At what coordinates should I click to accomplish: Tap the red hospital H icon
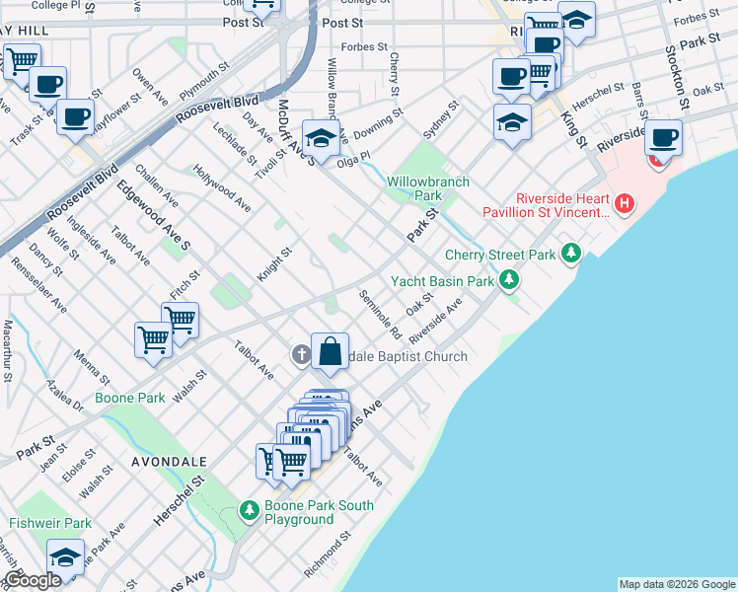coord(623,204)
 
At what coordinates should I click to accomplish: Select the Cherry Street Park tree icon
coord(570,255)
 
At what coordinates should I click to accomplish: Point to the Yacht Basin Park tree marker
coord(509,281)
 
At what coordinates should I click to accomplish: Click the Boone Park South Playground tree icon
coord(250,512)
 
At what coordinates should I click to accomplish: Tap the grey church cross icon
coord(301,354)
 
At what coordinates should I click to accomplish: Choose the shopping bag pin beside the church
coord(330,351)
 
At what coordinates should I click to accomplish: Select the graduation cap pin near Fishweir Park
coord(66,557)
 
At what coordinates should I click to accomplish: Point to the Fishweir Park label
coord(50,523)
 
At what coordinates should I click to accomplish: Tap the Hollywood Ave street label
coord(222,187)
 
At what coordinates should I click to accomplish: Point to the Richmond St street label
coord(327,556)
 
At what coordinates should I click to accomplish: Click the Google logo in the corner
coord(33,581)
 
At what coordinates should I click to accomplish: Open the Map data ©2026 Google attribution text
coord(676,584)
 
